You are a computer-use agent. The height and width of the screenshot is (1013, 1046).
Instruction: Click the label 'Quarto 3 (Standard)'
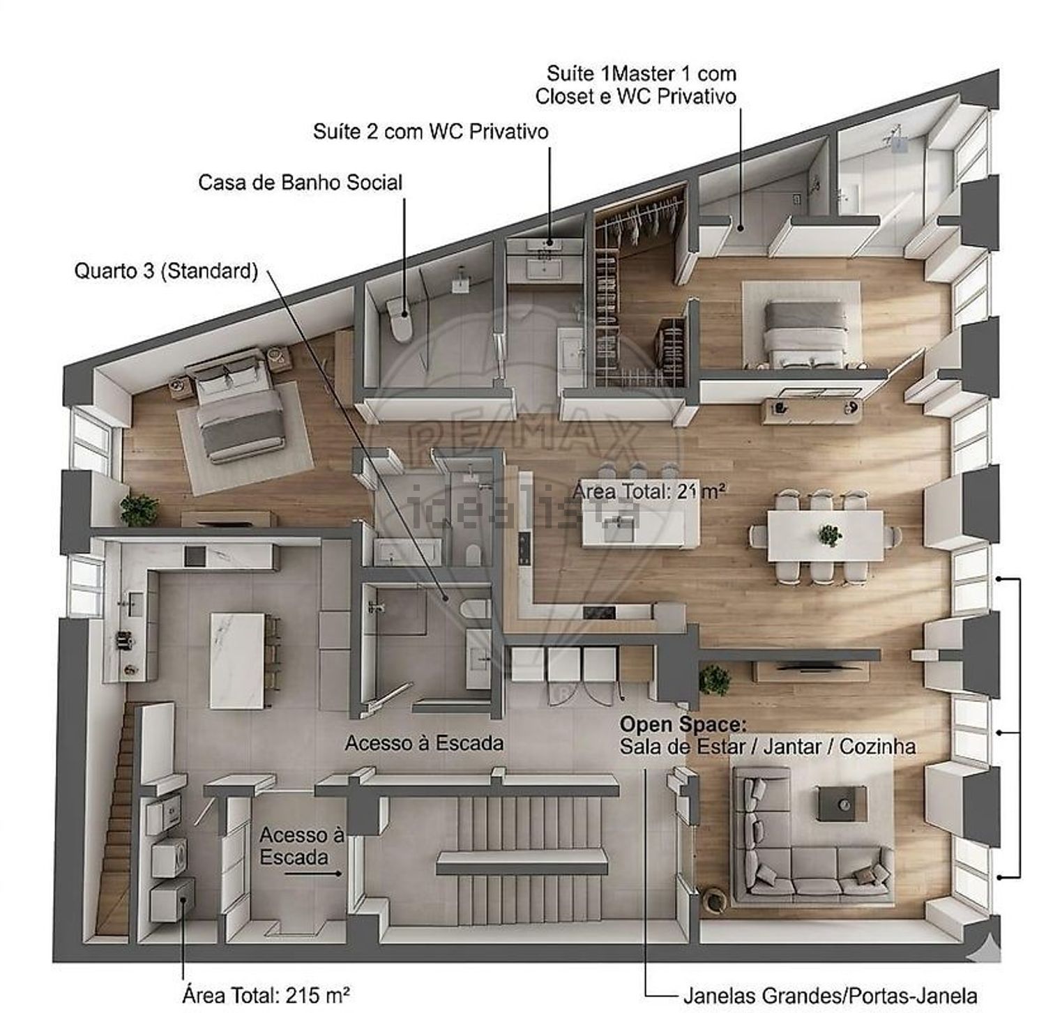[x=166, y=271]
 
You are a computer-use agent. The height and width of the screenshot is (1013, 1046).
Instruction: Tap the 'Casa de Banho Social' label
[x=300, y=183]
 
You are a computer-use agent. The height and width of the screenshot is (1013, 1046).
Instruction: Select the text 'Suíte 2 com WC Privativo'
[x=430, y=131]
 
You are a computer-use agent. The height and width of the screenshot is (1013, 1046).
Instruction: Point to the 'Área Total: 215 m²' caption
[x=266, y=994]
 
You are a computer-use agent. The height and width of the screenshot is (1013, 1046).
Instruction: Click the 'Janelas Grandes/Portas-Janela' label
[x=829, y=996]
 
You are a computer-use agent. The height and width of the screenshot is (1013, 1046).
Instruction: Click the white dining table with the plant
[x=825, y=535]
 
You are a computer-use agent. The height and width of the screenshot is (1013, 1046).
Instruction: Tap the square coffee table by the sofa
[x=842, y=803]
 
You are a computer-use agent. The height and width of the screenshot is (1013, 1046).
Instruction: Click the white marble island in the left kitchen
[x=237, y=660]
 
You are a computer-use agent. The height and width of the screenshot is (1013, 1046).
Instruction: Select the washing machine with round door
[x=169, y=857]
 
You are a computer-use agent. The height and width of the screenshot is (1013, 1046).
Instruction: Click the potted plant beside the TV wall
[x=714, y=679]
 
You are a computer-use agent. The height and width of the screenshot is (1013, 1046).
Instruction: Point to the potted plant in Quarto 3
[x=139, y=510]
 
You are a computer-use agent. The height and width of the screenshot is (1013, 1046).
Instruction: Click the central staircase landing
[x=522, y=862]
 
